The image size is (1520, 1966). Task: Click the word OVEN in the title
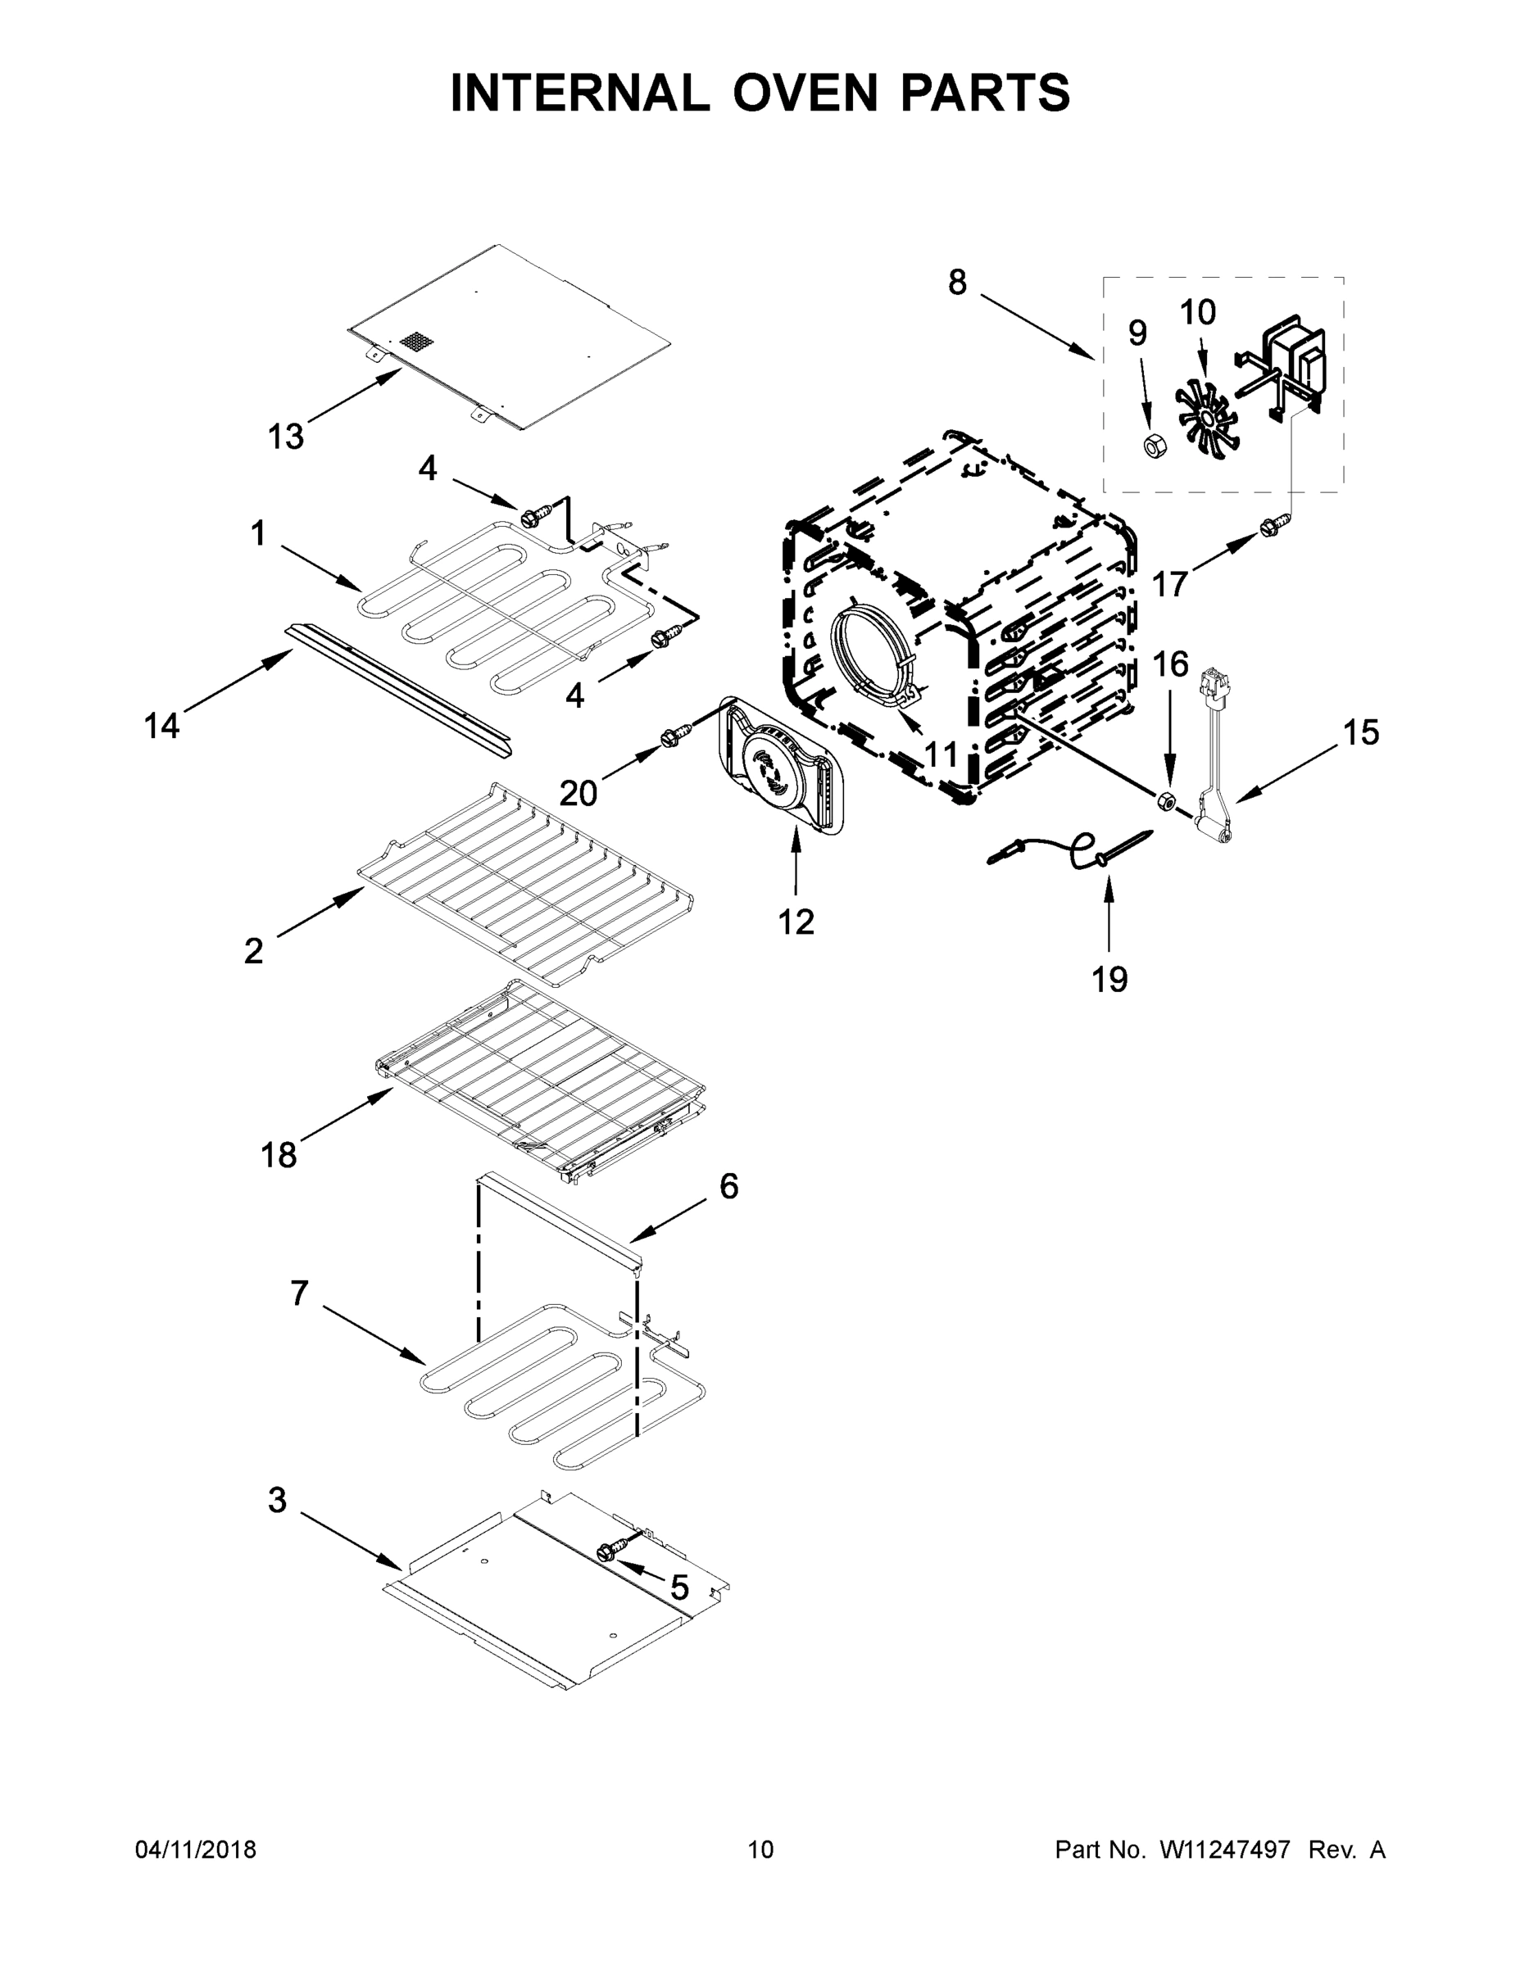coord(804,93)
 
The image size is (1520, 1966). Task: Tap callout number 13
coord(285,437)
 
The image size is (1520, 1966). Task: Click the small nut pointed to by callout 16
coord(1164,800)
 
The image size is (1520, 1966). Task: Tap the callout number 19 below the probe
coord(1109,979)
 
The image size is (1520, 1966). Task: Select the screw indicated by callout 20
coord(673,736)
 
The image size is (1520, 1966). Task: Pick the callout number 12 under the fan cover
coord(796,921)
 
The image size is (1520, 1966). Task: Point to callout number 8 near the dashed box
coord(957,283)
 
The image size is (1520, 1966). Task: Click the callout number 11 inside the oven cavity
coord(941,753)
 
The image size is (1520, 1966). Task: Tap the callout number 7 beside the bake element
coord(300,1293)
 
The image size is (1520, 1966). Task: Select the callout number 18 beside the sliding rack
coord(279,1155)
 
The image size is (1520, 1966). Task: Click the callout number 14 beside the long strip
coord(162,726)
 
